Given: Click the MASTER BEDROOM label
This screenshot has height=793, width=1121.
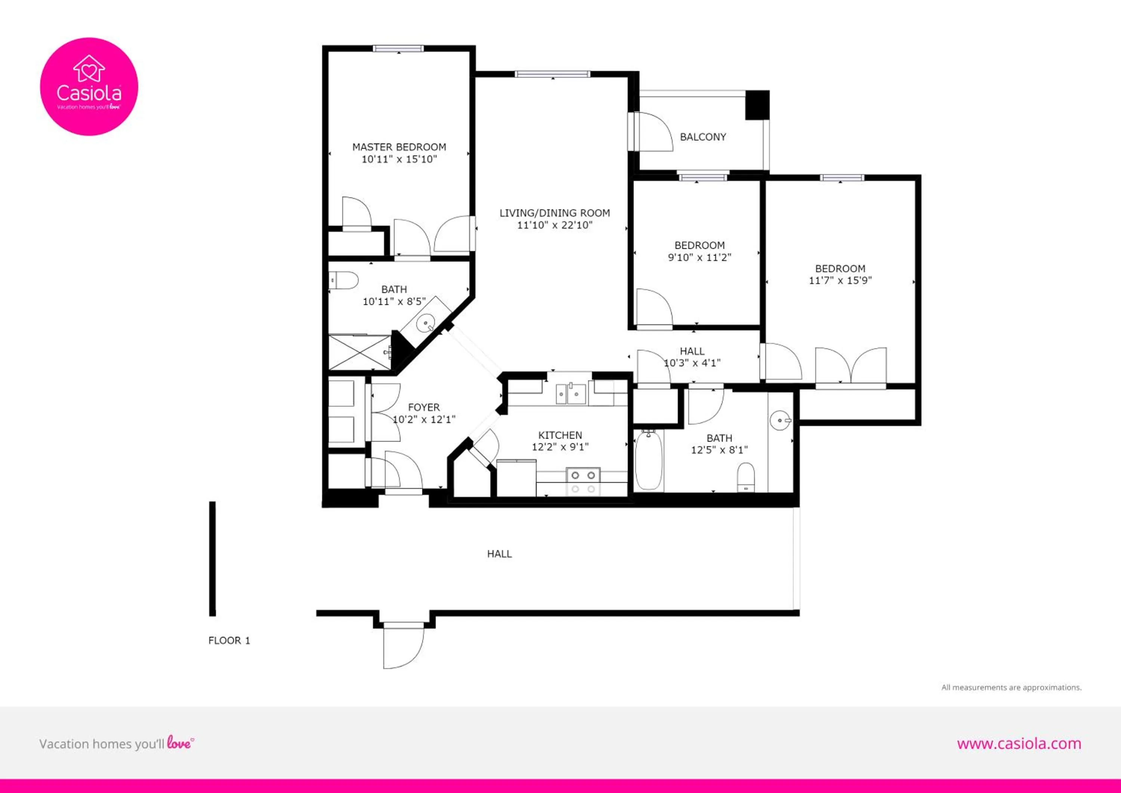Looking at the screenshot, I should (399, 147).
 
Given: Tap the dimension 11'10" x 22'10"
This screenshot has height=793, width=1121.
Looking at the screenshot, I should (555, 225).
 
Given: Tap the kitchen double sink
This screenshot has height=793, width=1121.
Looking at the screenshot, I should (570, 394).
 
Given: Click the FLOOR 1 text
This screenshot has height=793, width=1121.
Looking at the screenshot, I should (229, 641).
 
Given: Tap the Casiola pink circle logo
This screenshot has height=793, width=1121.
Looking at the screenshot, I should (89, 86).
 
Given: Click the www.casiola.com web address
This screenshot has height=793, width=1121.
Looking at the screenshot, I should (1019, 743).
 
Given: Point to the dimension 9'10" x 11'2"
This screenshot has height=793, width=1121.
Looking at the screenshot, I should (699, 257).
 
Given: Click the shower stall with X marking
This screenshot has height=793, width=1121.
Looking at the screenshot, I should (360, 352).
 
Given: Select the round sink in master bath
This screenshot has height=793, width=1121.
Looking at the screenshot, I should (426, 323).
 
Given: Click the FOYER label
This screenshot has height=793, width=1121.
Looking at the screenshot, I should (423, 407).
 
